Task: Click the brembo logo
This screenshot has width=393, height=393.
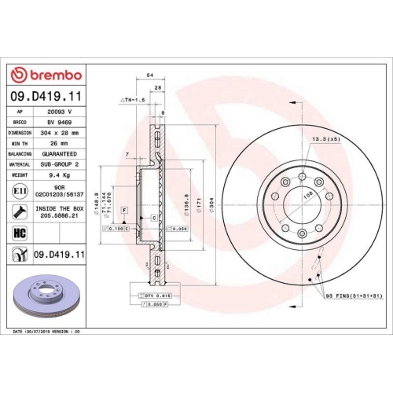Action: pyautogui.click(x=46, y=75)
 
